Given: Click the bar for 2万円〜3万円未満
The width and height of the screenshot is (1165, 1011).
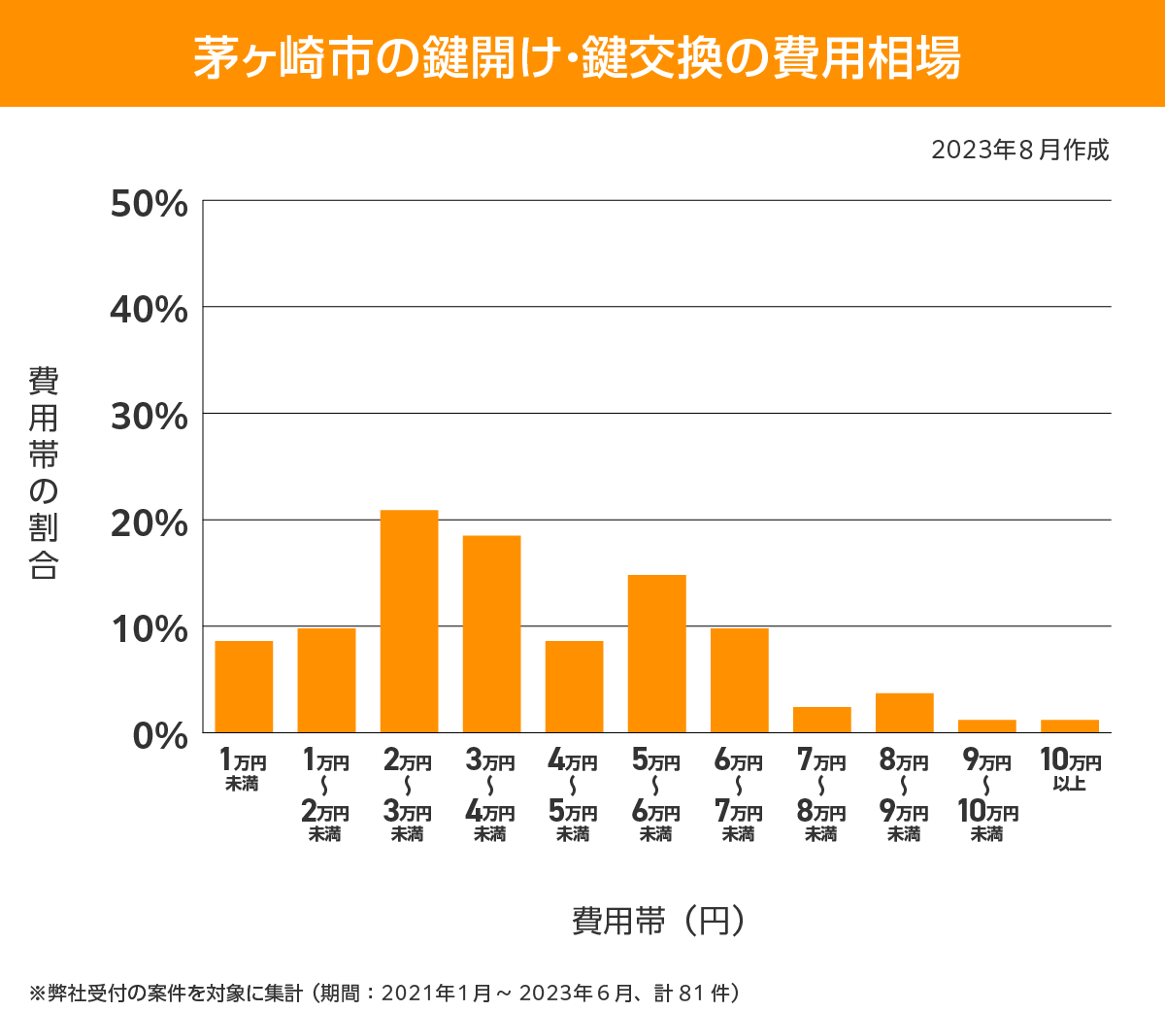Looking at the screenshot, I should [x=409, y=622].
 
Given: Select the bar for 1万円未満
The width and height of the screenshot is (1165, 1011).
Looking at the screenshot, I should [x=244, y=687].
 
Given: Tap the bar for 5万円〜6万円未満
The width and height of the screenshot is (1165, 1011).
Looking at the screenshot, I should [x=657, y=654].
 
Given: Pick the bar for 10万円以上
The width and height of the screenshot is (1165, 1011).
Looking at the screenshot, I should [x=1070, y=725].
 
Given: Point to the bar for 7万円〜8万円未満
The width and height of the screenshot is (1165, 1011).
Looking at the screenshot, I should [x=822, y=720].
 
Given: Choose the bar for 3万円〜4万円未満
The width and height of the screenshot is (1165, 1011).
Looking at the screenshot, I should [x=491, y=634].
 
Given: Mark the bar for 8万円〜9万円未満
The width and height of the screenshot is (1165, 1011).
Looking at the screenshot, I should [x=905, y=713].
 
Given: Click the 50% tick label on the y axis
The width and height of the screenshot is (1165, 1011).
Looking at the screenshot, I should [x=149, y=204].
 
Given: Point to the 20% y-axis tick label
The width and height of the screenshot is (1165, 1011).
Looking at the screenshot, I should [x=149, y=523].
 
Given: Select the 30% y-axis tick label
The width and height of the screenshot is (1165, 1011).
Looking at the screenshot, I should [x=149, y=417].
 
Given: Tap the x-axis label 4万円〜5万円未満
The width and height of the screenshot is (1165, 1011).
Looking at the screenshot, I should [x=573, y=795].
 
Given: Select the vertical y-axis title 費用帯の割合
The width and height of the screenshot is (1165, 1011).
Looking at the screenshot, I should [x=44, y=473].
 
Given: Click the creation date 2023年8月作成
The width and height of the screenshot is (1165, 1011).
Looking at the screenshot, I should [x=1019, y=151].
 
